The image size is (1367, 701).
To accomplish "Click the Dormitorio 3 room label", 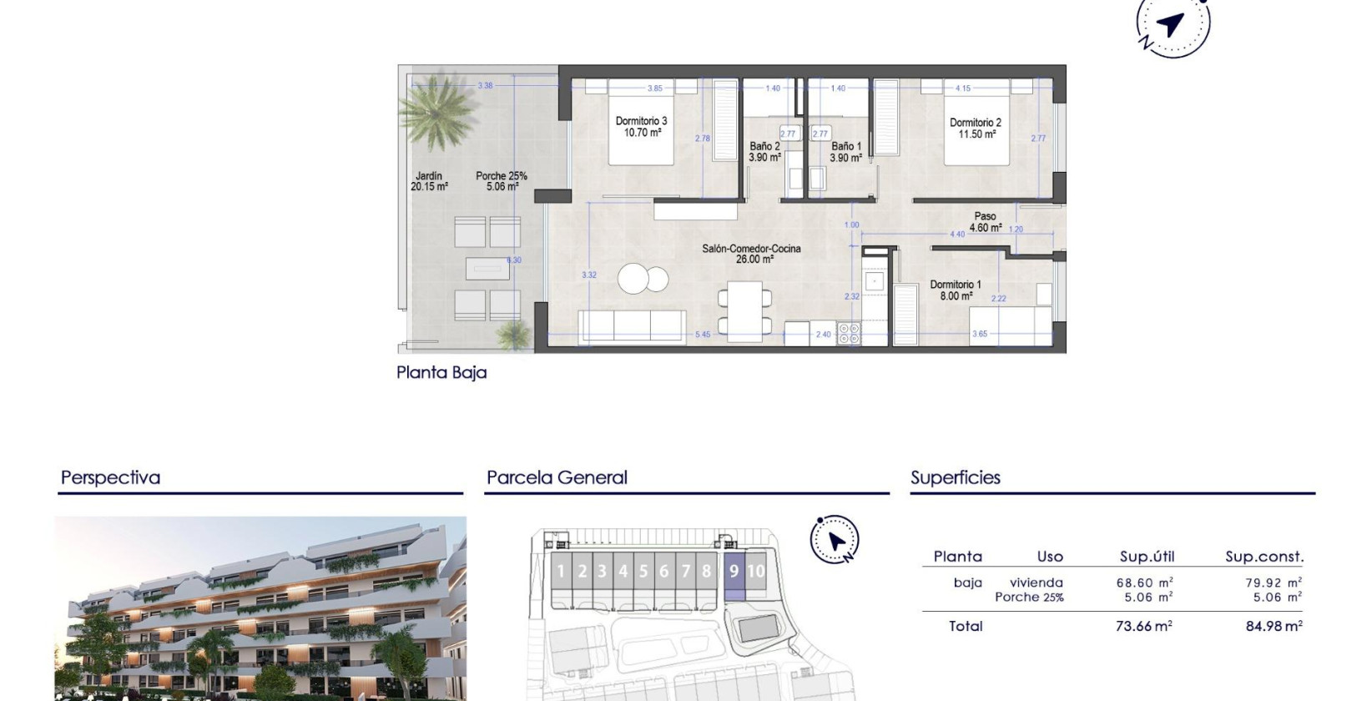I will (641, 126).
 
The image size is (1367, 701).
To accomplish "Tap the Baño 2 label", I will (764, 151).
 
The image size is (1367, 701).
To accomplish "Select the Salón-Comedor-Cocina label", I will (751, 254).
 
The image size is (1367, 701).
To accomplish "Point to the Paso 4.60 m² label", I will (985, 221).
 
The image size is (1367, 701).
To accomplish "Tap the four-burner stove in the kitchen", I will (849, 333).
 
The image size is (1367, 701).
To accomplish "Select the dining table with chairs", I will (744, 310).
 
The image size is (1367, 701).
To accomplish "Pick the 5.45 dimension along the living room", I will (703, 335).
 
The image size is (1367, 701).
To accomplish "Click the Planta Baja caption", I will (441, 372).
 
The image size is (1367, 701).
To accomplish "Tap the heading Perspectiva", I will (110, 477).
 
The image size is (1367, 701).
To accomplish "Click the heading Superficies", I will (955, 477).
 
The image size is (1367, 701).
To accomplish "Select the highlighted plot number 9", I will (734, 572).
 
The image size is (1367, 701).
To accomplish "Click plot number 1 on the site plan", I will (561, 572).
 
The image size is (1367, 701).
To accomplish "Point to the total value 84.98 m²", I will (1274, 626).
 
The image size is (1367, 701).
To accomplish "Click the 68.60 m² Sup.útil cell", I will (1144, 582).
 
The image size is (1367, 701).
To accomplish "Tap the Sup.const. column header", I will (1264, 557).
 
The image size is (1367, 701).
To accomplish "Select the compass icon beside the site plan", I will (835, 540).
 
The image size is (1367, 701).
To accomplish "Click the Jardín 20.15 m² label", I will (429, 181).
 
